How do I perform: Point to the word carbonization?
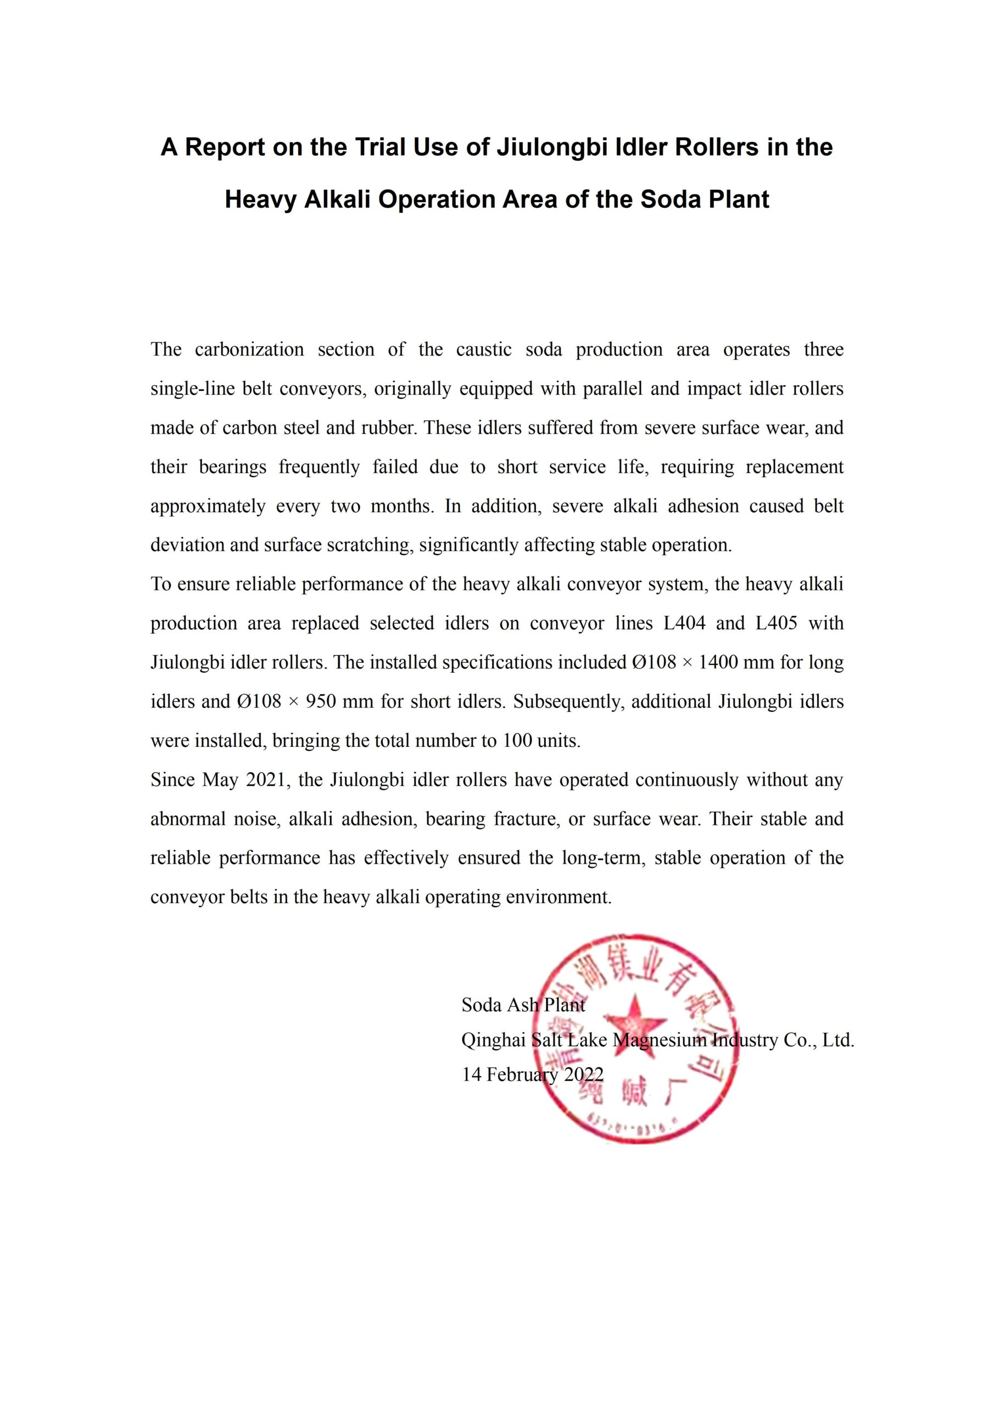tap(249, 350)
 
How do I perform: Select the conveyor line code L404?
tap(684, 623)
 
